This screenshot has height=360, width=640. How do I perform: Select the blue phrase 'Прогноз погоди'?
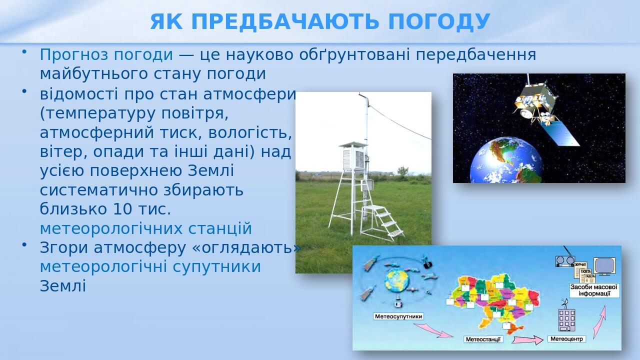coord(106,54)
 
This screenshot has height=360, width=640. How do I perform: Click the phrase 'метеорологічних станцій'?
coord(145,228)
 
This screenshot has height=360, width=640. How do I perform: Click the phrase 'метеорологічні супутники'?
coord(150,266)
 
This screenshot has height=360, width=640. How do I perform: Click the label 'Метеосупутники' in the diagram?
coord(398,316)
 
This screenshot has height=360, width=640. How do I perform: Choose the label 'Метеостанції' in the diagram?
coord(483,339)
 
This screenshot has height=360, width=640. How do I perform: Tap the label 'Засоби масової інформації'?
coord(594,290)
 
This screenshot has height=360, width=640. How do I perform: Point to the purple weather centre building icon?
coord(566,319)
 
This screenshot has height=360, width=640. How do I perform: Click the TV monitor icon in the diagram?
coord(604,265)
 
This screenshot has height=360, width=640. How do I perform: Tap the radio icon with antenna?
coord(564,260)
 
